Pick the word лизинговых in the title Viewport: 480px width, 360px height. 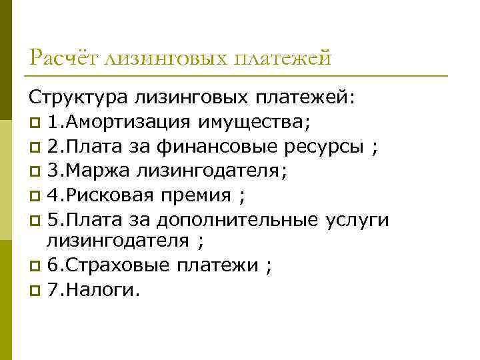click(x=165, y=58)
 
